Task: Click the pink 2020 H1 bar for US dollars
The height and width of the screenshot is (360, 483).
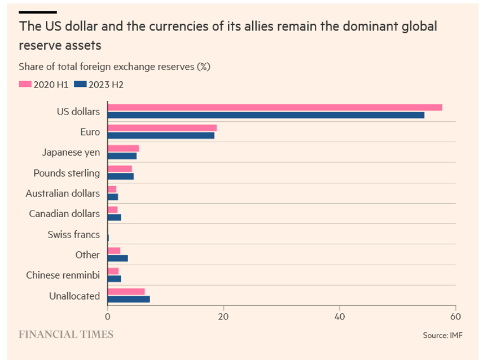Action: coord(275,107)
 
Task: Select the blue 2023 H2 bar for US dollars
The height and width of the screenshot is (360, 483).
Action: coord(266,115)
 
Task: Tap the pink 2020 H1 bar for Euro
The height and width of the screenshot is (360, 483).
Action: coord(162,128)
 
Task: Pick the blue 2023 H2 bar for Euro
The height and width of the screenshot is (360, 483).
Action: coord(161,135)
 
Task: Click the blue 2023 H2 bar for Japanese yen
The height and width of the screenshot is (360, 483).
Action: coord(122,156)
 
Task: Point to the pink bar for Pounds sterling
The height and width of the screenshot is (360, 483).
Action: coord(120,169)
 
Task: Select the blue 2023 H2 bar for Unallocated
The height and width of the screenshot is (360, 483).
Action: coord(129,299)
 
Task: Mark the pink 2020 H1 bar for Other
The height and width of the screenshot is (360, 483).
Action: coord(114,251)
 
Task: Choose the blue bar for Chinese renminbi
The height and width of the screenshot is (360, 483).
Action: coord(115,279)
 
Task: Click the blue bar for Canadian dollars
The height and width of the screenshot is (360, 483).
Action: coord(115,217)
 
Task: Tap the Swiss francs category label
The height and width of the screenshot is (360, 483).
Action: coord(73,235)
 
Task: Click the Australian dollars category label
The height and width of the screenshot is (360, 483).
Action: coord(63,194)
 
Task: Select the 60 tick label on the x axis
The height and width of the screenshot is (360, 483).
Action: coord(455,317)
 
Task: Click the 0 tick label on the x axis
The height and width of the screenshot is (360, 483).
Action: coord(108,317)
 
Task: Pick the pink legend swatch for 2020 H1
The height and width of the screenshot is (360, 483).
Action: coord(25,84)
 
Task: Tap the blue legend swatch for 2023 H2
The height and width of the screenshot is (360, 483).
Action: coord(80,84)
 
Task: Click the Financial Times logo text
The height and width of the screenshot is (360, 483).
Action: coord(66,335)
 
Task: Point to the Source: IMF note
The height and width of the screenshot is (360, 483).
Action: coord(442,335)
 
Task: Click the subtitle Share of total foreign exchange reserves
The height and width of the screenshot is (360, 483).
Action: coord(115,67)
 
